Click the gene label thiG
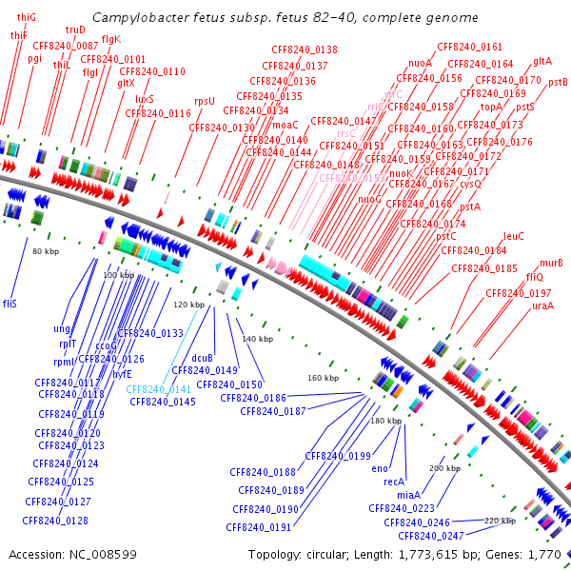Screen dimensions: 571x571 27,17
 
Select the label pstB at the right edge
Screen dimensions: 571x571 558,83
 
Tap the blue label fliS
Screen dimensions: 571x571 10,304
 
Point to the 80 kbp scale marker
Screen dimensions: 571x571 46,251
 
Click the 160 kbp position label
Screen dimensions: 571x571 323,379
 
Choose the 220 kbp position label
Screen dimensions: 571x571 500,521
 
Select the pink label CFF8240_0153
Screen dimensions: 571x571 352,178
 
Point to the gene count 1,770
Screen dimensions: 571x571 544,554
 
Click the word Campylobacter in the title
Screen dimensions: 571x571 138,18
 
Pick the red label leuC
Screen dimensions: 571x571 514,236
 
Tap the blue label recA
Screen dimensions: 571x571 394,482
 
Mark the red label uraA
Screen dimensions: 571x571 542,305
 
